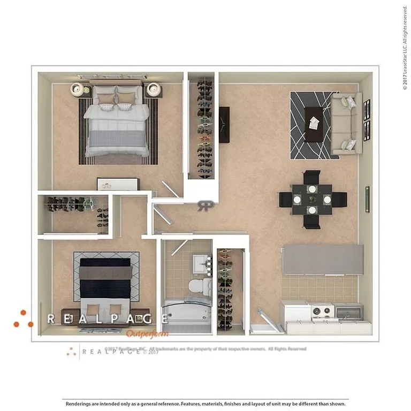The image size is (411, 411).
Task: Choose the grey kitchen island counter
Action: point(323,260)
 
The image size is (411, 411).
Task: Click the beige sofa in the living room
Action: point(346,123)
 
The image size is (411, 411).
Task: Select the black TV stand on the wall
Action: point(224,125)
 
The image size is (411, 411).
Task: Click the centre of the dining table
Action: point(312,199)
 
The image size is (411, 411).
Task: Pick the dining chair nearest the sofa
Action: point(312,177)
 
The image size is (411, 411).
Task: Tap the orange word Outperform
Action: point(147,333)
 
